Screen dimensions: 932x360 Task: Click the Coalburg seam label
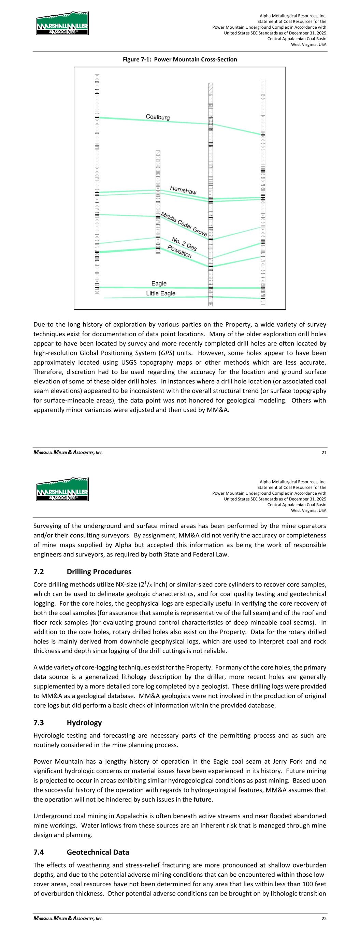tap(157, 117)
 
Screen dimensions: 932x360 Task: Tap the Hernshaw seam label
tap(183, 190)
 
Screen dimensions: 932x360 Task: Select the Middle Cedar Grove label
tap(184, 224)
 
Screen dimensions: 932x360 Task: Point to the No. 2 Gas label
tap(184, 244)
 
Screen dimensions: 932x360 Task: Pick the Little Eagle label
tap(161, 293)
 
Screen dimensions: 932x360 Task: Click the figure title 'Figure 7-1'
tap(180, 59)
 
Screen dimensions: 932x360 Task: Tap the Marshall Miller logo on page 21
tap(62, 24)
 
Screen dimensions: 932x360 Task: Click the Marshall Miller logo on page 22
tap(62, 489)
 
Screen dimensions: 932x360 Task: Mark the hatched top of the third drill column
tap(211, 88)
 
